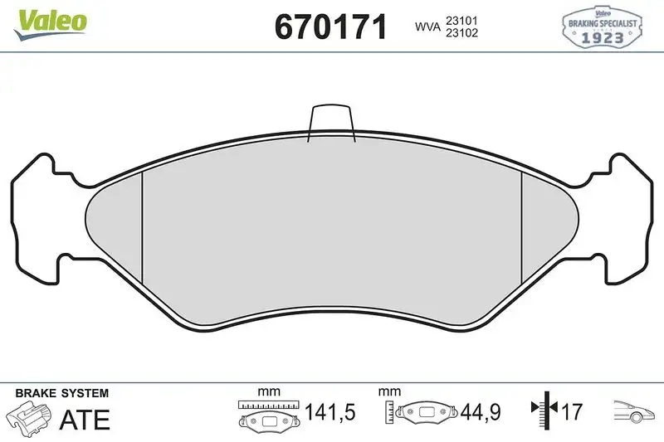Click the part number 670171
330,27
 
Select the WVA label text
427,27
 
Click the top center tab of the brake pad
331,123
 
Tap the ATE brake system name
85,420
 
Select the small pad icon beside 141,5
269,420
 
